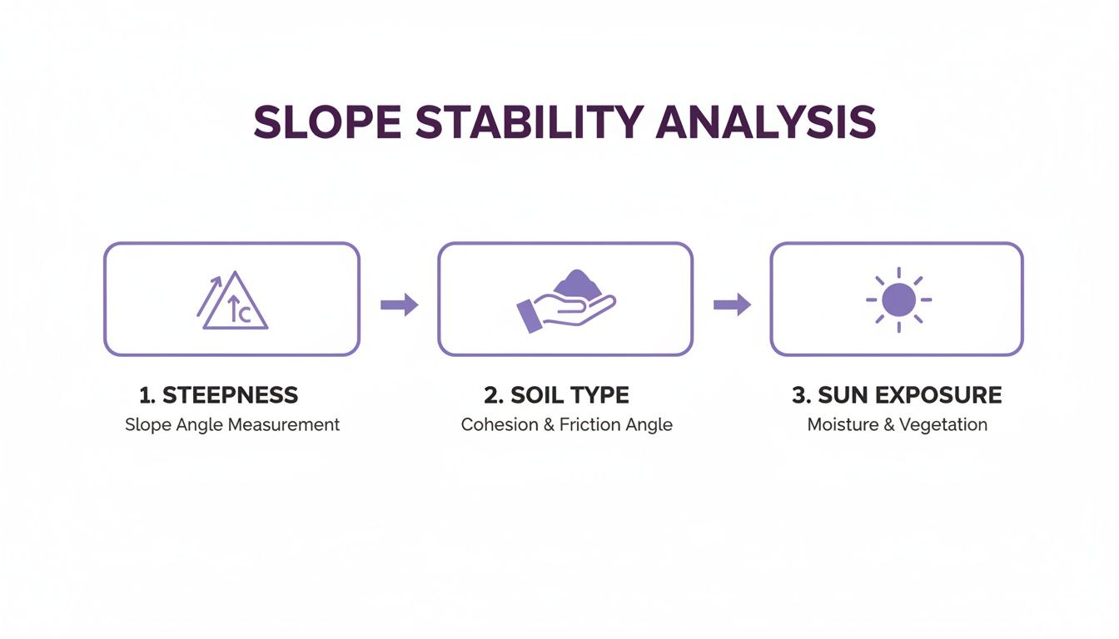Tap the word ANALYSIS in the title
click(x=766, y=122)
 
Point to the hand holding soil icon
click(x=566, y=301)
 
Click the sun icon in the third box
click(x=898, y=300)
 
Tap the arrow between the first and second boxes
click(x=399, y=305)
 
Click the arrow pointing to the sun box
click(x=732, y=305)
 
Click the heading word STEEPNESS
click(x=230, y=395)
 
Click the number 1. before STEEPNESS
click(x=147, y=395)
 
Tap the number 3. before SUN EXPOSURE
click(x=800, y=395)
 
